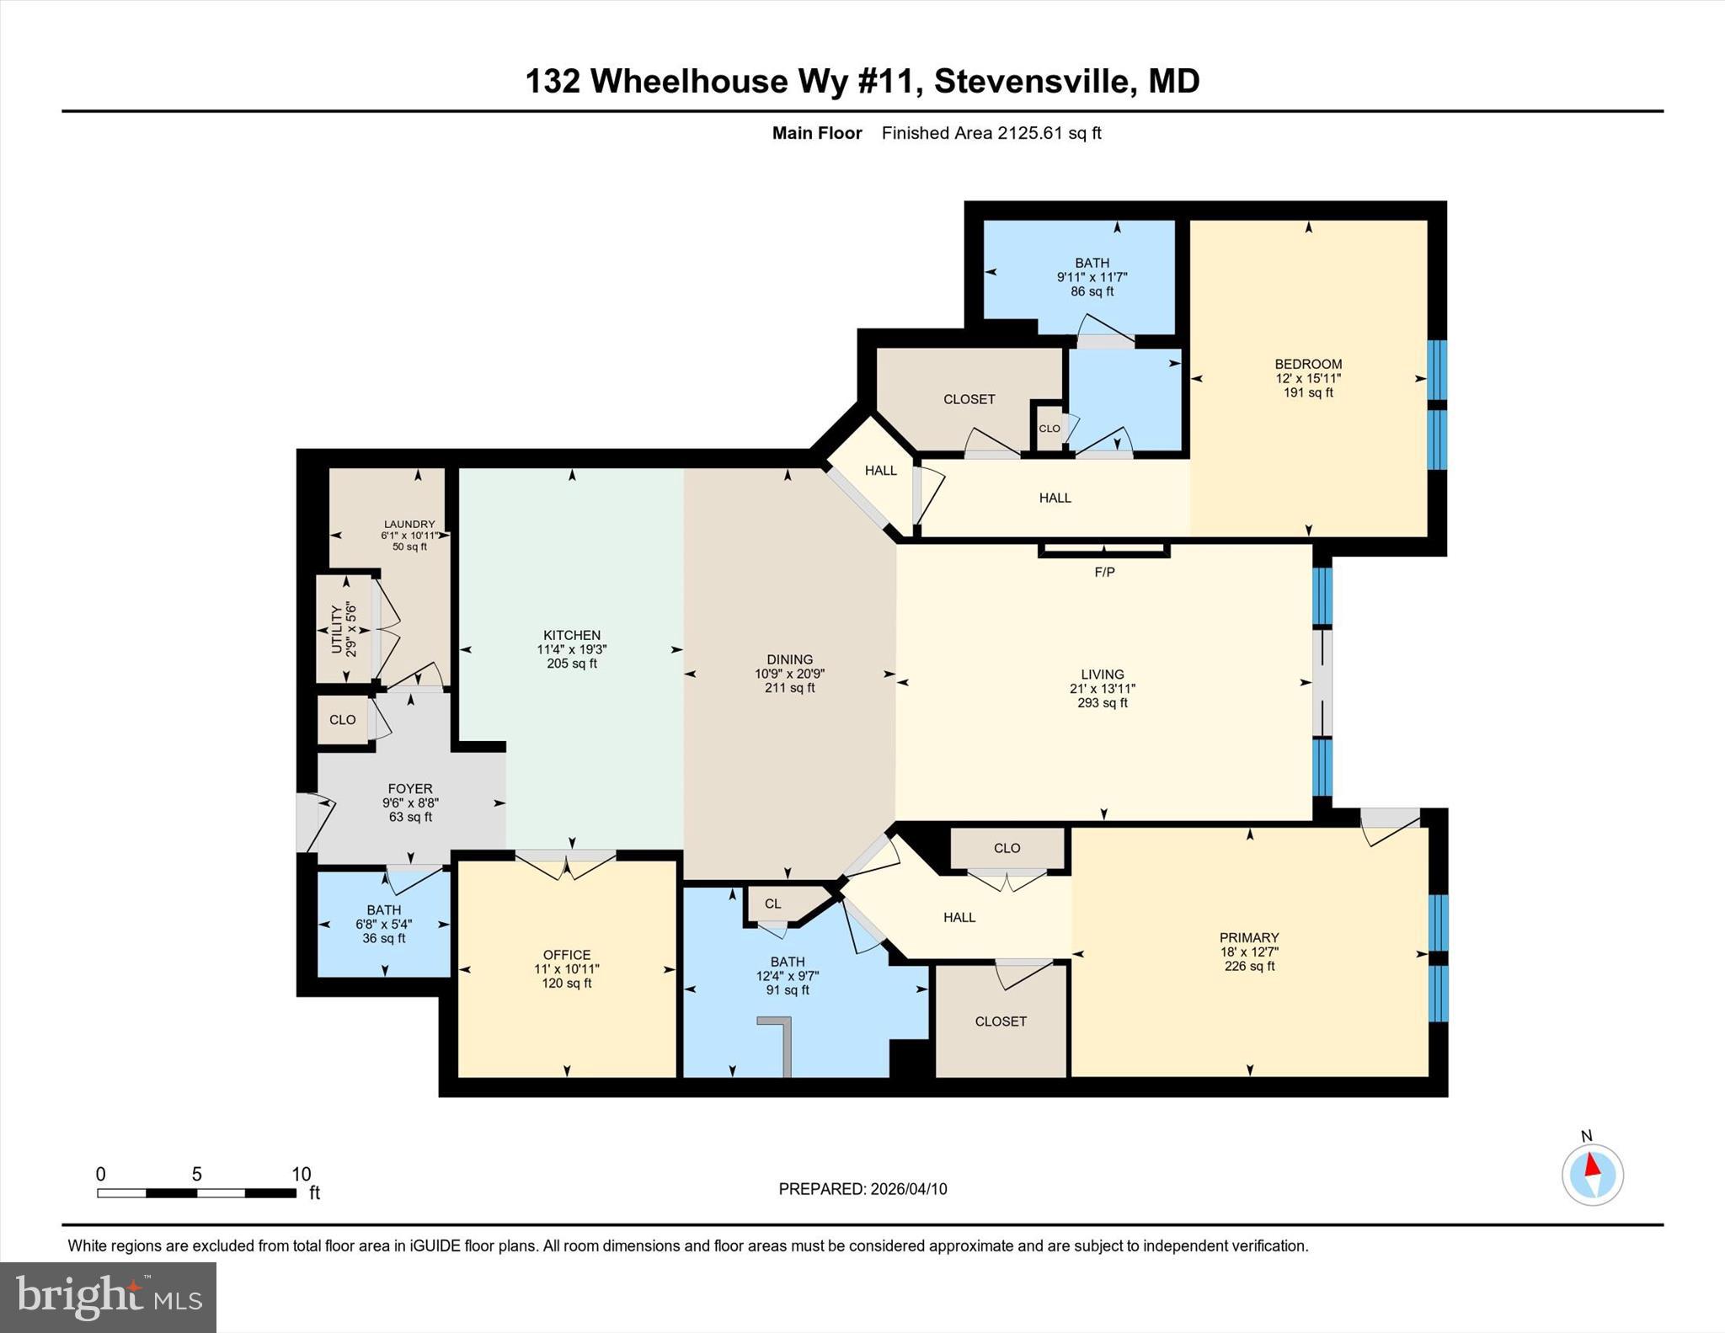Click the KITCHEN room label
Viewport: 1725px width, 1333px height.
coord(572,635)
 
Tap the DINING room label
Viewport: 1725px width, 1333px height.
coord(789,659)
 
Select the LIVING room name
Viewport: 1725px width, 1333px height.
coord(1102,674)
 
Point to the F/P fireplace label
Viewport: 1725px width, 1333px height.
coord(1104,572)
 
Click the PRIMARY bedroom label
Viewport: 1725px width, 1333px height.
coord(1249,937)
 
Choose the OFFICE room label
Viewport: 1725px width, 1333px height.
coord(567,954)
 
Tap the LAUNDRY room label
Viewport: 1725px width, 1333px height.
coord(409,524)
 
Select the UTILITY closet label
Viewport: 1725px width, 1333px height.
coord(337,629)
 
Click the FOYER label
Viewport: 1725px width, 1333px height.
coord(410,788)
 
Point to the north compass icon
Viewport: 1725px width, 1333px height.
coord(1592,1174)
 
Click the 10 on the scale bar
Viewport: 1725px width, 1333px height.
coord(302,1174)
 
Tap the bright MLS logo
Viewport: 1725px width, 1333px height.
coord(108,1297)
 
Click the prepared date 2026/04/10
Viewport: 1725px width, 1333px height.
coord(909,1189)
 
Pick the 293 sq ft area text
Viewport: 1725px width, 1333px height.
coord(1102,702)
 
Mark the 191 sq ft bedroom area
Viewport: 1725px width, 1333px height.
coord(1308,392)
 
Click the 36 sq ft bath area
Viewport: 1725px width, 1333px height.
coord(384,938)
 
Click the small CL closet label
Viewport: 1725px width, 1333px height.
coord(772,904)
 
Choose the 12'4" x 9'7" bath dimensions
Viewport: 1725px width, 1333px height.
coord(788,976)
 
